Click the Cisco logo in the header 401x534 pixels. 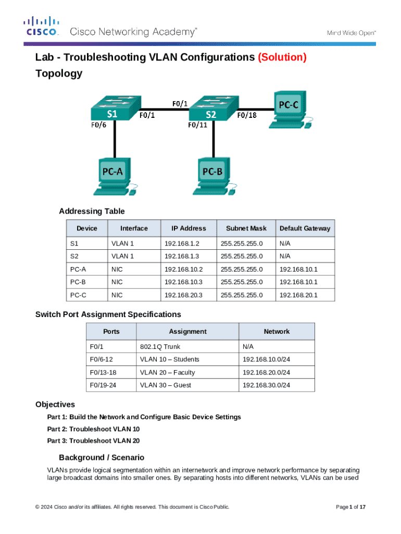(x=42, y=26)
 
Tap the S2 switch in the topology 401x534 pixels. (x=211, y=110)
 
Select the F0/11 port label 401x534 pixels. (x=197, y=125)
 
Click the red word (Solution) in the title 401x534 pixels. (x=282, y=57)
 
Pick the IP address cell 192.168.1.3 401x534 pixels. (x=182, y=256)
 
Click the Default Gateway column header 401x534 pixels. (x=305, y=228)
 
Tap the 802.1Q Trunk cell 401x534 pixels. (x=160, y=347)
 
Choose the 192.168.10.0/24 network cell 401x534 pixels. (x=266, y=359)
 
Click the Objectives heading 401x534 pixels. (x=55, y=404)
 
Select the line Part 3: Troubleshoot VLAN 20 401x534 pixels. (x=93, y=441)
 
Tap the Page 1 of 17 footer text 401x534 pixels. (x=350, y=507)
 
